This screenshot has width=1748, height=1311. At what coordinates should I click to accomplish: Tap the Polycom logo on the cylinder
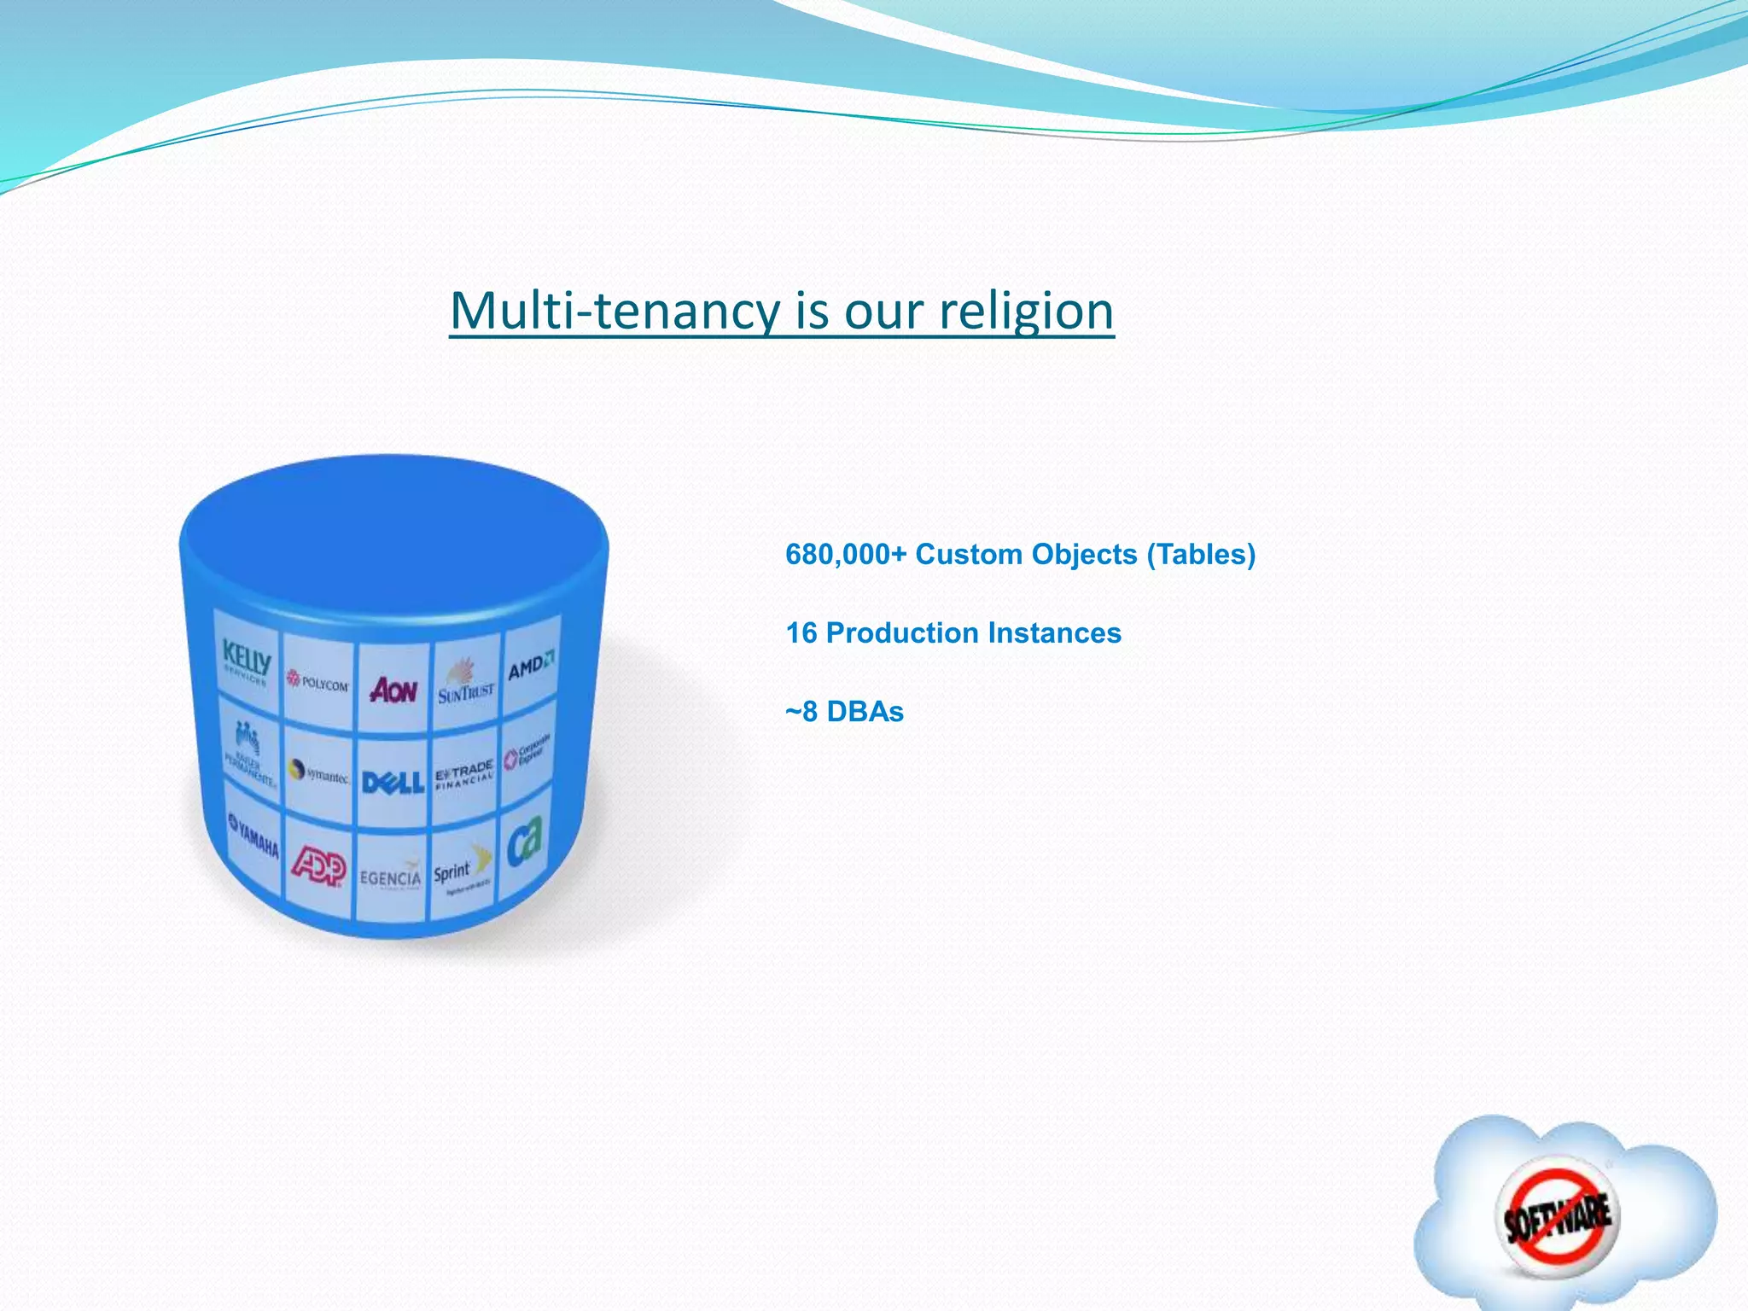[318, 682]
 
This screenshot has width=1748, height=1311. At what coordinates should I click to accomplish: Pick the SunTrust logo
[466, 684]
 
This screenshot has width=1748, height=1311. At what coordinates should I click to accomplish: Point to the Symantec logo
[318, 773]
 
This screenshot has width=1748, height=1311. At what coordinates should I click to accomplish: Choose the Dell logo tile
[393, 782]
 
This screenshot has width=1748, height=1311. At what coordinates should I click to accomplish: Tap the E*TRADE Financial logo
[464, 774]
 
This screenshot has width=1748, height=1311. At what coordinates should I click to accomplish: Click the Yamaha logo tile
[253, 836]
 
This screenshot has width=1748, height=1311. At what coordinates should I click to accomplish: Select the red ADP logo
[318, 867]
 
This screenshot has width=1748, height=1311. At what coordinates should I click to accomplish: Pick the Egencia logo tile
[391, 876]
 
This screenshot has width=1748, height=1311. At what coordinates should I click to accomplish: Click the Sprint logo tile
[462, 871]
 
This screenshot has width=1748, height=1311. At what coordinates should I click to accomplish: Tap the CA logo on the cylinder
[524, 841]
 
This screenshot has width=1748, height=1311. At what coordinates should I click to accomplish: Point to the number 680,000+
[846, 555]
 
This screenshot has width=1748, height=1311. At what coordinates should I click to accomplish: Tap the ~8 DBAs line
[844, 712]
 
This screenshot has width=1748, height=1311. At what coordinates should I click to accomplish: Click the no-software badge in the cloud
[1559, 1215]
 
